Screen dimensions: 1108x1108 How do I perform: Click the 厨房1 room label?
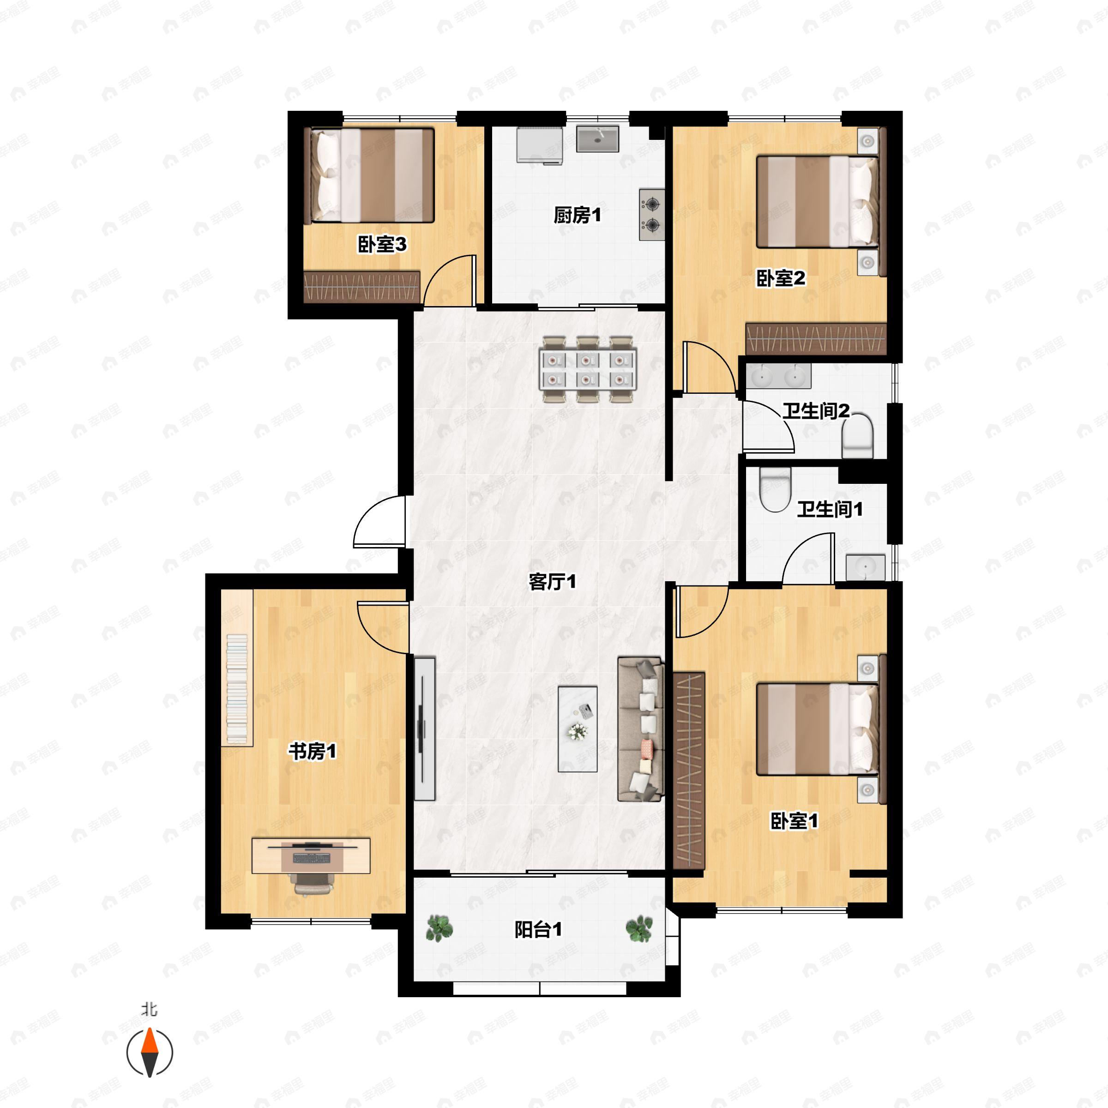click(x=578, y=215)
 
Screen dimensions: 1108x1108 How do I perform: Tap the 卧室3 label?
click(x=382, y=244)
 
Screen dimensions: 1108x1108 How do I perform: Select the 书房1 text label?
click(x=313, y=751)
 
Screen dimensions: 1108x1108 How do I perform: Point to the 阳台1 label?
click(x=538, y=930)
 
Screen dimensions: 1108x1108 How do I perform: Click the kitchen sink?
click(x=597, y=139)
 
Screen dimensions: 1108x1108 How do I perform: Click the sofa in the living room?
click(x=641, y=729)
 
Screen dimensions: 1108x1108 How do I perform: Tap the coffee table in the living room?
click(x=578, y=729)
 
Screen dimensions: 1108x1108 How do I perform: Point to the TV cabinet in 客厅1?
click(x=424, y=729)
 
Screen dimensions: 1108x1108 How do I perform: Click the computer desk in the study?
click(x=311, y=855)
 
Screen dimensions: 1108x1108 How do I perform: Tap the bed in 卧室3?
click(x=372, y=175)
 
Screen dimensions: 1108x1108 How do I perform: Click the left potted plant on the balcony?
click(x=440, y=928)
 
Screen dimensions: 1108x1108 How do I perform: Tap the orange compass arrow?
click(x=150, y=1042)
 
